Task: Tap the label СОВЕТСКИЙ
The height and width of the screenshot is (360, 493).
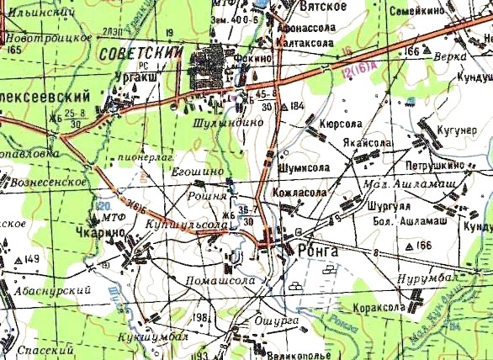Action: [140, 52]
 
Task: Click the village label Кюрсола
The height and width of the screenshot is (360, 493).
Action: [340, 123]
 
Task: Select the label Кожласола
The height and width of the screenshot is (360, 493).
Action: [299, 192]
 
